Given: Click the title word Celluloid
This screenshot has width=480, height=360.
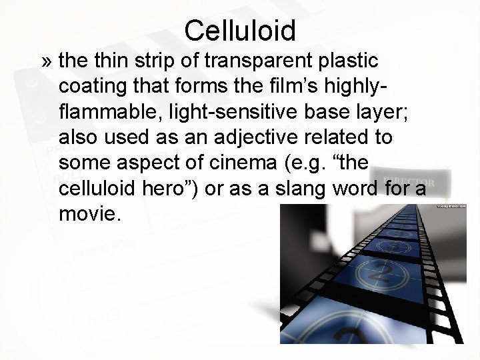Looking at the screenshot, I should pyautogui.click(x=240, y=29).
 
